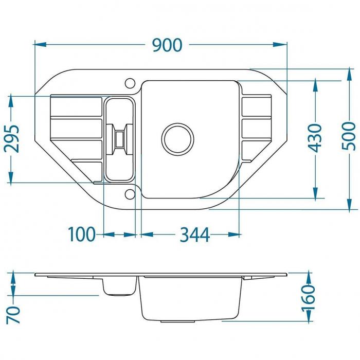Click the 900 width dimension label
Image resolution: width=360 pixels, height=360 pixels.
167,45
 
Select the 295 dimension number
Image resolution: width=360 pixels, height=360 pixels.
12,139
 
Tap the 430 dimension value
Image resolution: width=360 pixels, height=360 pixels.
315,138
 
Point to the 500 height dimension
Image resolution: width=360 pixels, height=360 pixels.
349,136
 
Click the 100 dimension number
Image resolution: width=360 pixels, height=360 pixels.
82,234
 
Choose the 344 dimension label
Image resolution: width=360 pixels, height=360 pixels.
195,235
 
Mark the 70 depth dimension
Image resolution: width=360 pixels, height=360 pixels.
13,315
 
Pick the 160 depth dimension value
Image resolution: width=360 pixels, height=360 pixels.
308,298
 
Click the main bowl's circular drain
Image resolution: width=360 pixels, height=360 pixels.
177,139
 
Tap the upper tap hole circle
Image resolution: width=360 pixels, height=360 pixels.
130,83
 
